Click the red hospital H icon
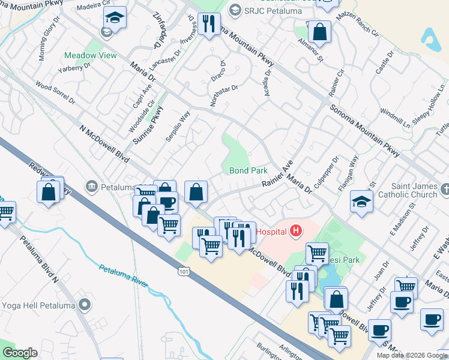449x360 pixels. (295, 230)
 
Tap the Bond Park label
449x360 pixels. (249, 171)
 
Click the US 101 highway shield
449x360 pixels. (183, 272)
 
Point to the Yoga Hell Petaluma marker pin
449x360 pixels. (85, 305)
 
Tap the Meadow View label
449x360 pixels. (91, 56)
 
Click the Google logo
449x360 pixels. (20, 353)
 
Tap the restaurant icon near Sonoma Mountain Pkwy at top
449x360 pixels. (209, 24)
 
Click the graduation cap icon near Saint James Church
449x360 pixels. (362, 202)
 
